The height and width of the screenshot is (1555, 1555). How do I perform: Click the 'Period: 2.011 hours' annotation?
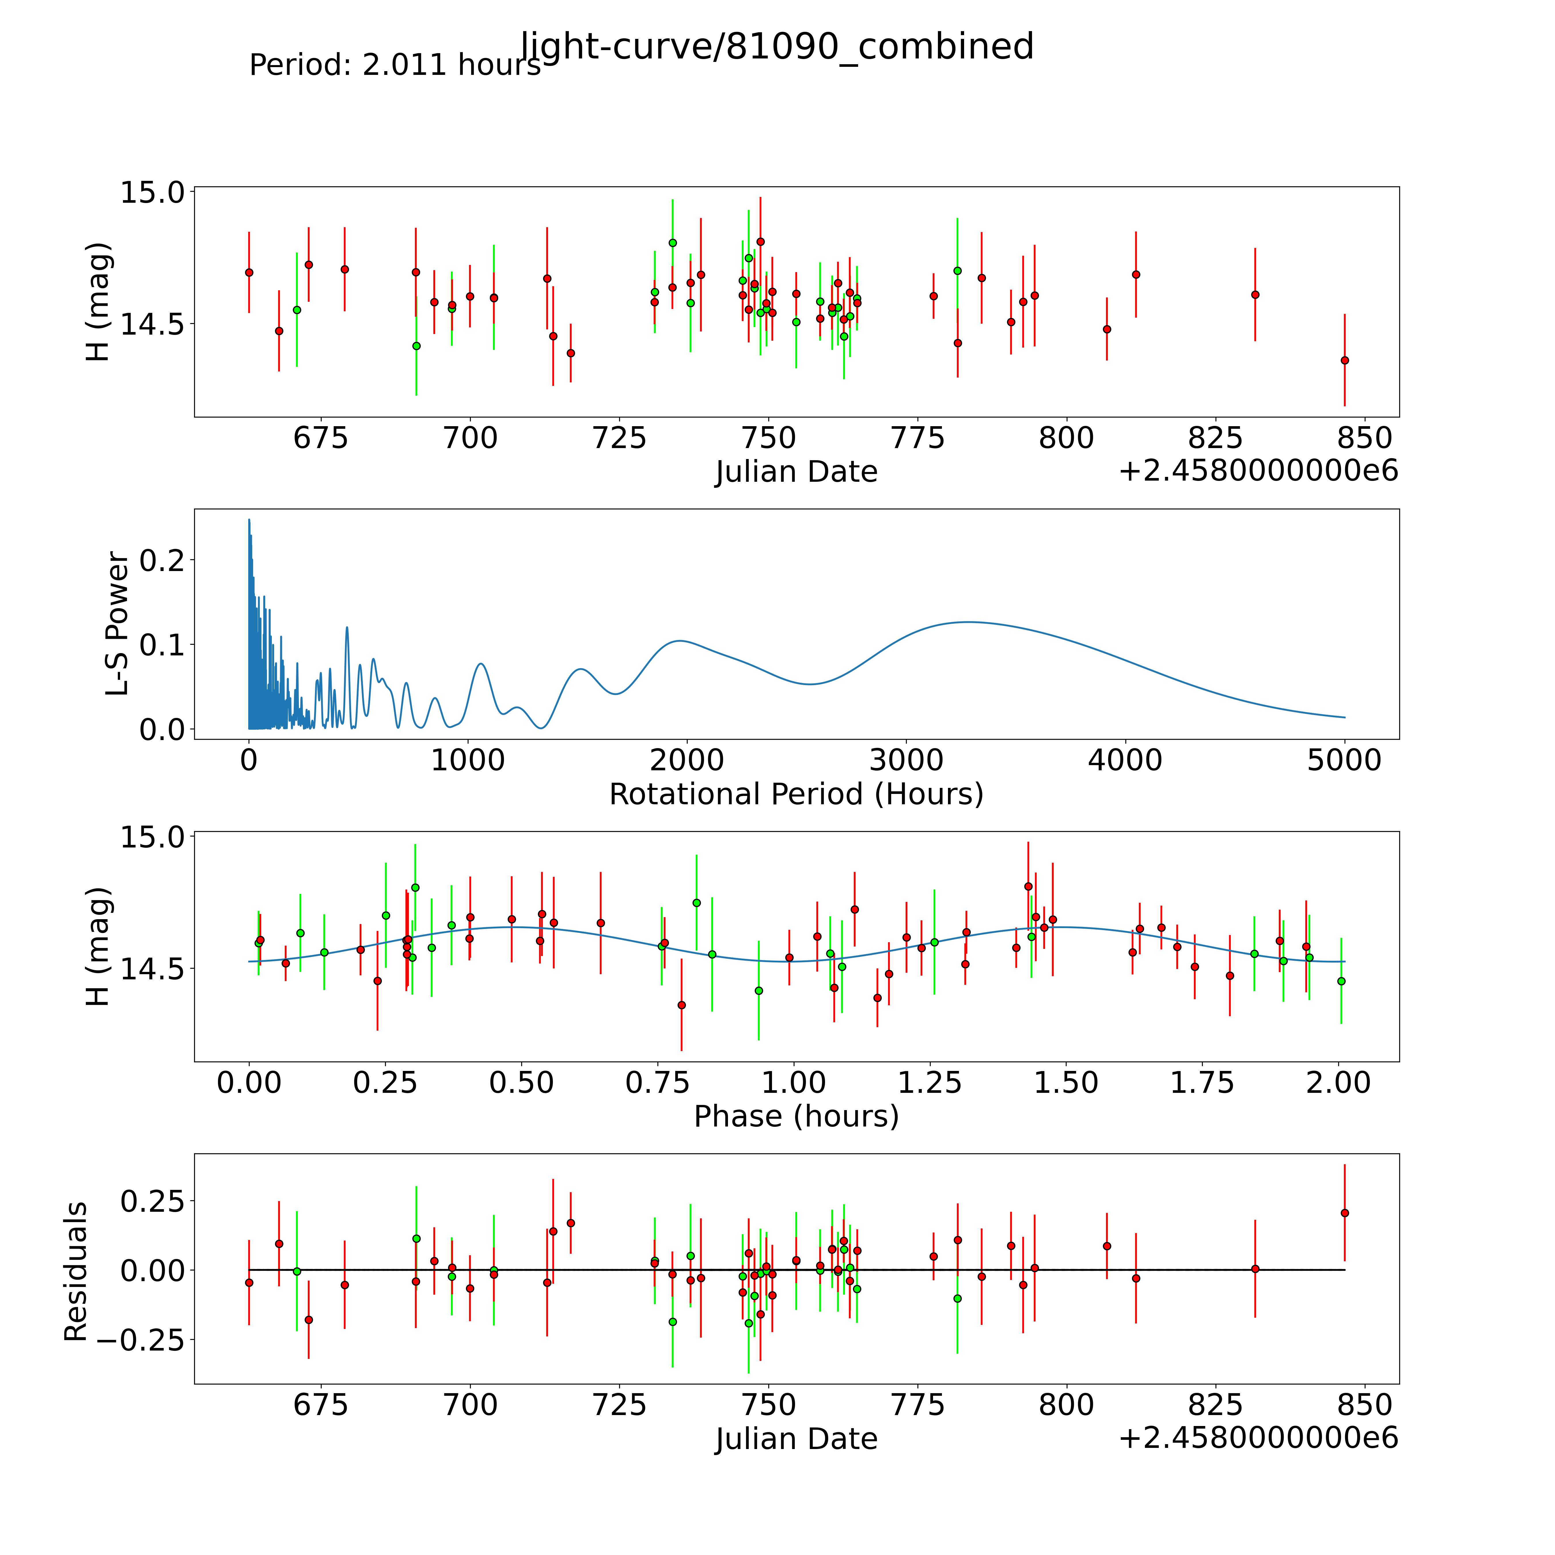pyautogui.click(x=395, y=65)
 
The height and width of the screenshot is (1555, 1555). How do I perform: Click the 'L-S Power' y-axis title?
pyautogui.click(x=117, y=624)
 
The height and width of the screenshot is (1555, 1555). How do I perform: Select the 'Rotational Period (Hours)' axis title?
pyautogui.click(x=796, y=794)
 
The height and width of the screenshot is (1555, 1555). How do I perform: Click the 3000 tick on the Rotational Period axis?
pyautogui.click(x=906, y=760)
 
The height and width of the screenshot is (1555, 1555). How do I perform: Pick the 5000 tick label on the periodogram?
pyautogui.click(x=1344, y=760)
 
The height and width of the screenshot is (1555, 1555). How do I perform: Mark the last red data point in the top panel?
pyautogui.click(x=1344, y=360)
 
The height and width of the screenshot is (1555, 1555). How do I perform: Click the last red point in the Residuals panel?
pyautogui.click(x=1344, y=1213)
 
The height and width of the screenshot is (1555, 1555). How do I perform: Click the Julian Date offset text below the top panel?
pyautogui.click(x=1258, y=471)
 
